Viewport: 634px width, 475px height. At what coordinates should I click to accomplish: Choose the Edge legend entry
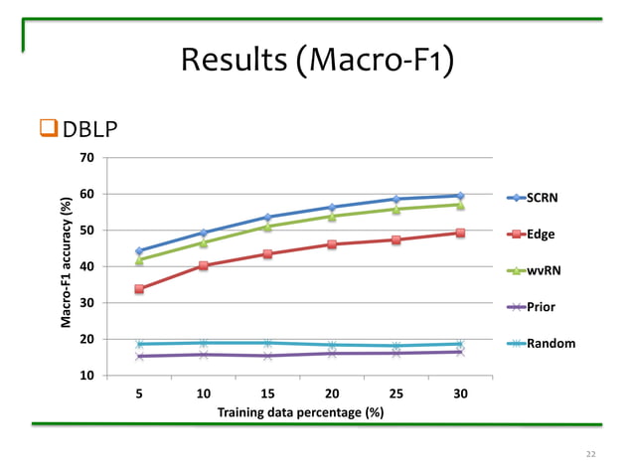541,235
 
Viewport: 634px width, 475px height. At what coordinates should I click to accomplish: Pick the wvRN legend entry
541,270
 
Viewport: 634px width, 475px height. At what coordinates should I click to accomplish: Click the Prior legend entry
541,307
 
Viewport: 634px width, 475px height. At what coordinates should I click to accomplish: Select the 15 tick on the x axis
267,394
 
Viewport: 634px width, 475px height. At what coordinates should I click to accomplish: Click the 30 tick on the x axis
460,394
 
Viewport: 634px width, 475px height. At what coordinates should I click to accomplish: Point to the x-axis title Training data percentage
300,411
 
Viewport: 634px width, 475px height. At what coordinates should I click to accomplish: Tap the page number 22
591,454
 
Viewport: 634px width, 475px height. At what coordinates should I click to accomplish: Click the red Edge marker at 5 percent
139,289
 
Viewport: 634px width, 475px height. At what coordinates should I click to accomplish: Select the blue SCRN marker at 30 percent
460,196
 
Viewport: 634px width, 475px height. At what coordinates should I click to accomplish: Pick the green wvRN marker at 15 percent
267,226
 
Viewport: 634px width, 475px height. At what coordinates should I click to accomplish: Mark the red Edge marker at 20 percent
332,243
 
